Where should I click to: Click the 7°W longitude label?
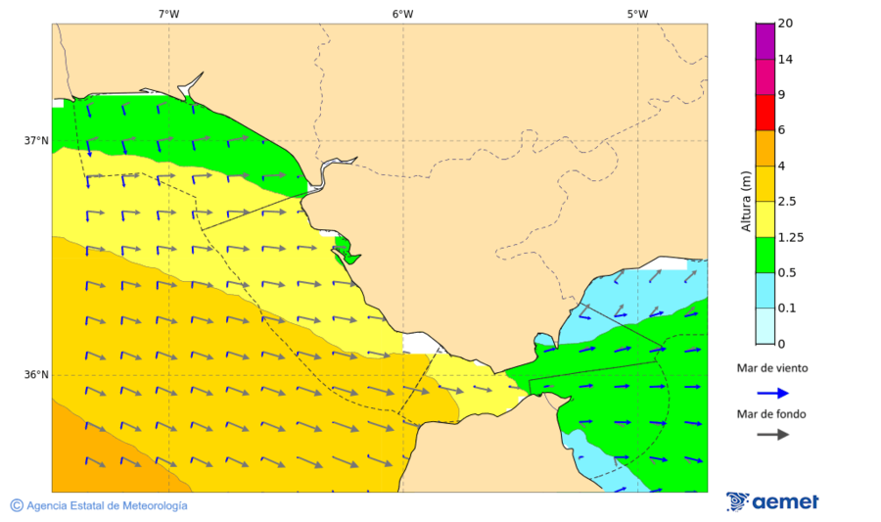[168, 14]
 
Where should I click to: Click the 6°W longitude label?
[402, 14]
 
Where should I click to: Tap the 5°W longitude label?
[637, 14]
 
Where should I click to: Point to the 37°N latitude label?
[36, 140]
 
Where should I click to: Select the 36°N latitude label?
[36, 374]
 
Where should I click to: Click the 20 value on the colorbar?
[785, 24]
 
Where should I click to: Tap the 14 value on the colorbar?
[785, 59]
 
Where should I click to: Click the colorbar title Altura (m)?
[746, 200]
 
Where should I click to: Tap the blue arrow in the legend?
[772, 393]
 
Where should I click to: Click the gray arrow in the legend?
[772, 434]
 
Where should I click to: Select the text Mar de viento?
[772, 368]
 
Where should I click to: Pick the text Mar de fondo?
[772, 414]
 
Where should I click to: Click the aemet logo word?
[785, 502]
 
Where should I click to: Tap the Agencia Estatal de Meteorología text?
[107, 505]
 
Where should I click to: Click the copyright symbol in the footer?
[17, 505]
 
